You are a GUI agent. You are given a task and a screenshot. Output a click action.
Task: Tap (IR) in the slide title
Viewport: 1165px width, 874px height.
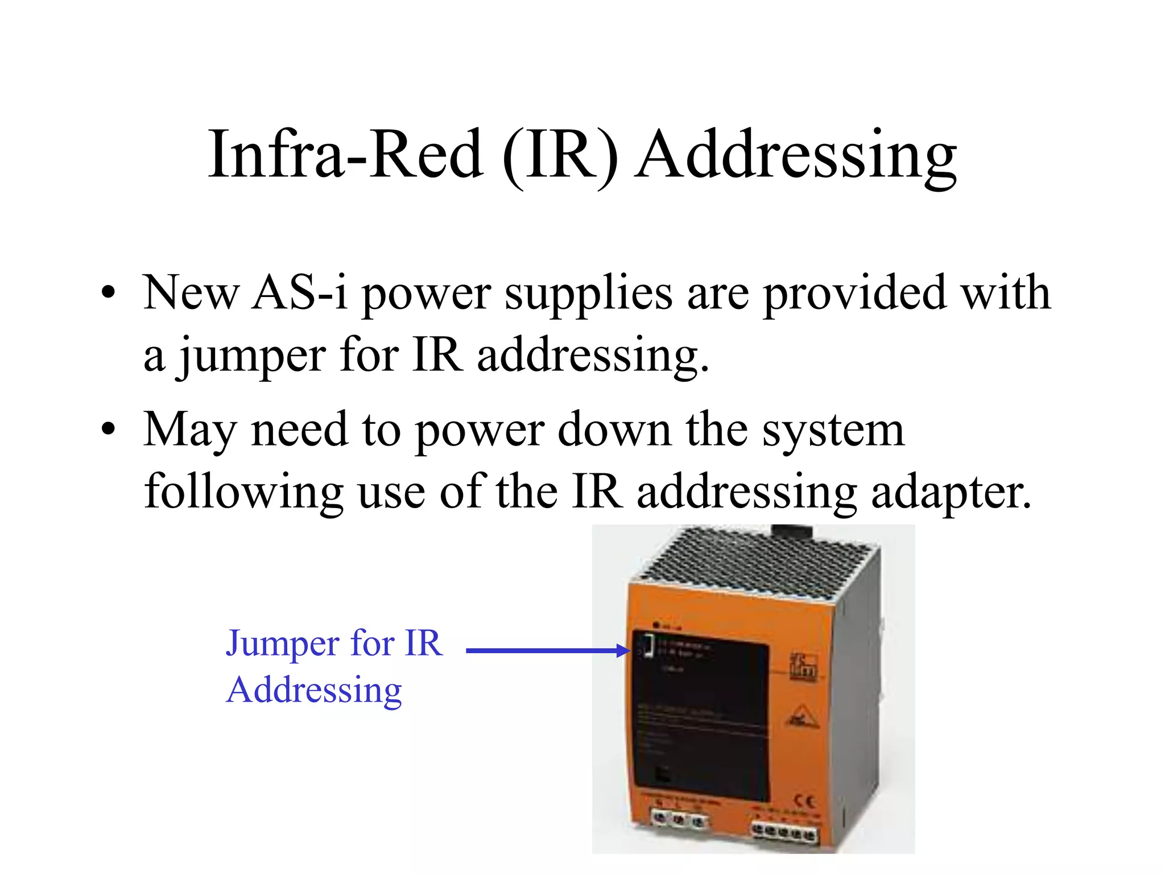[560, 156]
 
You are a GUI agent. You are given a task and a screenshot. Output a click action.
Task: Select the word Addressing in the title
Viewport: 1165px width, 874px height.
[796, 157]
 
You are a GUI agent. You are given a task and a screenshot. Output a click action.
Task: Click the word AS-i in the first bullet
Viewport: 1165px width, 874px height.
[300, 292]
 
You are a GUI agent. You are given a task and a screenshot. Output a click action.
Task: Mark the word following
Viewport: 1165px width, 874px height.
[243, 493]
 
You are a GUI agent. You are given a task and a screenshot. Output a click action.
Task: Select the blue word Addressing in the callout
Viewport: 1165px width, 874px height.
[314, 691]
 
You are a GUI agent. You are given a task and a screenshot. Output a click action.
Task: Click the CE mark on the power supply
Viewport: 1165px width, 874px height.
[803, 802]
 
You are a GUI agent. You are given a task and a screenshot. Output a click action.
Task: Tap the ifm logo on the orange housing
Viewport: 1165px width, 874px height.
[804, 667]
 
